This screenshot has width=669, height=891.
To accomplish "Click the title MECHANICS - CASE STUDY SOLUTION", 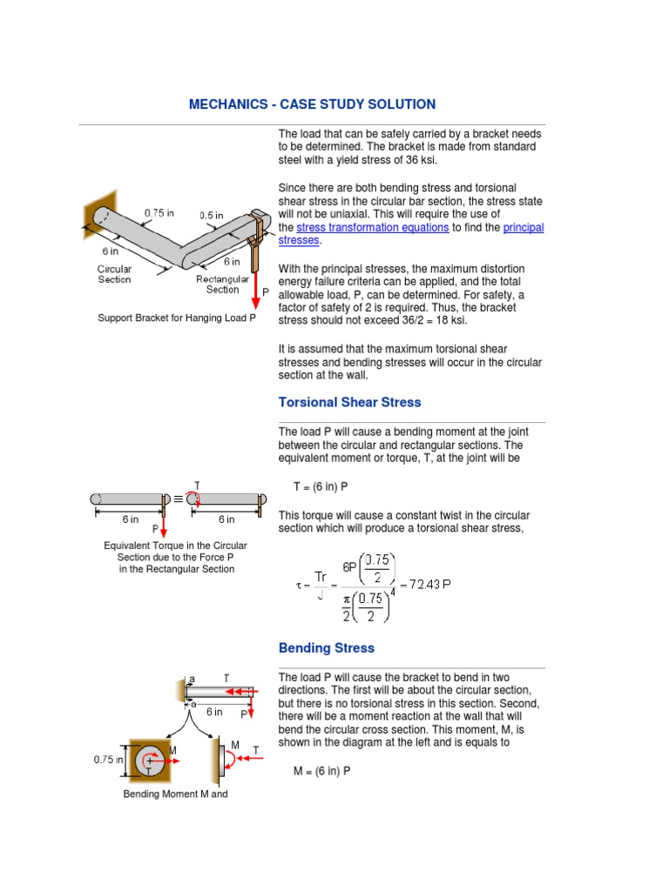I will [x=312, y=104].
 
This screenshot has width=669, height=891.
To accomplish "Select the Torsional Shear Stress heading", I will [x=349, y=402].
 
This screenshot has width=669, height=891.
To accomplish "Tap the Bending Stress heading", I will [x=326, y=648].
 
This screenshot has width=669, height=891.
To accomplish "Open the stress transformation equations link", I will [x=373, y=227].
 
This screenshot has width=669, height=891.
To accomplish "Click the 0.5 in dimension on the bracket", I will [x=211, y=216].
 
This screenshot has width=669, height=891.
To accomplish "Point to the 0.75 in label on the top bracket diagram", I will [x=159, y=211].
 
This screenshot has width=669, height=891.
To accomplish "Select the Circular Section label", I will [x=114, y=274].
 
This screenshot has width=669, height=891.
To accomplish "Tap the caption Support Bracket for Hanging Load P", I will [x=177, y=318].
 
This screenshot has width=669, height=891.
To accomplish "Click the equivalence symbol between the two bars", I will [x=179, y=499].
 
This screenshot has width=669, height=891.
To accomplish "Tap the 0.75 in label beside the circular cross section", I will [x=109, y=760].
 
